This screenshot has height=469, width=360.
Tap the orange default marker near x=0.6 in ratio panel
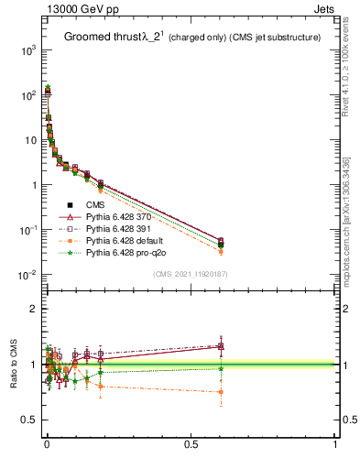[x=220, y=392]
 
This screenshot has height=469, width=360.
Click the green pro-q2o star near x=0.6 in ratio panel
[x=220, y=369]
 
